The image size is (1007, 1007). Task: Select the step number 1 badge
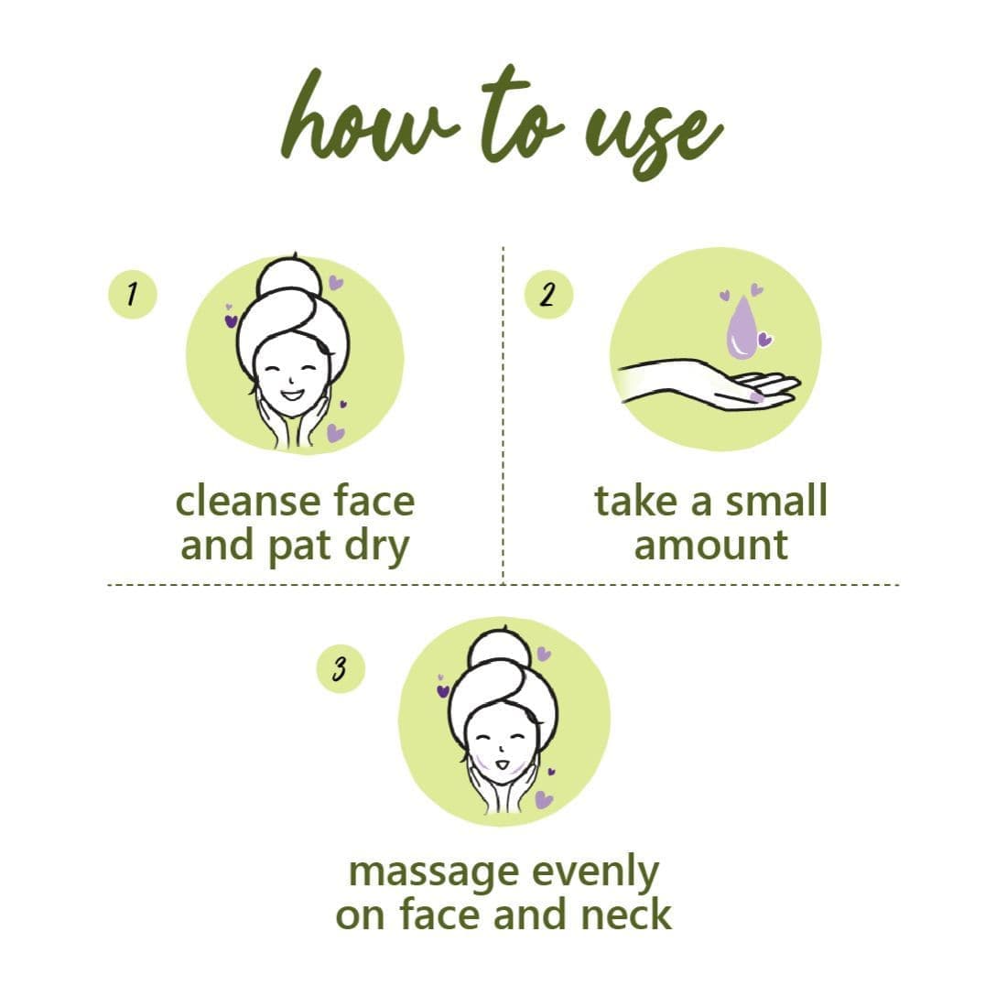pyautogui.click(x=133, y=295)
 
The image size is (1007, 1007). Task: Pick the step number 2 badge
pyautogui.click(x=547, y=295)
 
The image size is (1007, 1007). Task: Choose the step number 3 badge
pyautogui.click(x=340, y=668)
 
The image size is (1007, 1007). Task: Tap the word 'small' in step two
pyautogui.click(x=776, y=502)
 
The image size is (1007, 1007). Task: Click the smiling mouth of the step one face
pyautogui.click(x=293, y=395)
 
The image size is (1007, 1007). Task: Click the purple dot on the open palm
pyautogui.click(x=755, y=396)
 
